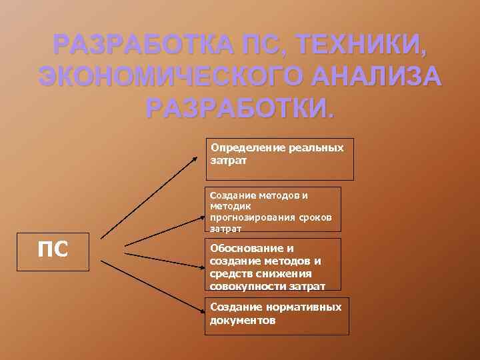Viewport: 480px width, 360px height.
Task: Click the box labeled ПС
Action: (x=53, y=251)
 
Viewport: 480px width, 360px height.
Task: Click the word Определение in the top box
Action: (x=248, y=147)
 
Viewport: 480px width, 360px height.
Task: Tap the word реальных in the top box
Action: (x=317, y=147)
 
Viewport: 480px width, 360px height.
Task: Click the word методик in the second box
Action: (x=229, y=207)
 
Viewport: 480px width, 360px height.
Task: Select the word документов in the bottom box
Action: (x=243, y=319)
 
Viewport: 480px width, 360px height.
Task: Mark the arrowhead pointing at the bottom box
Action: (x=201, y=311)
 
